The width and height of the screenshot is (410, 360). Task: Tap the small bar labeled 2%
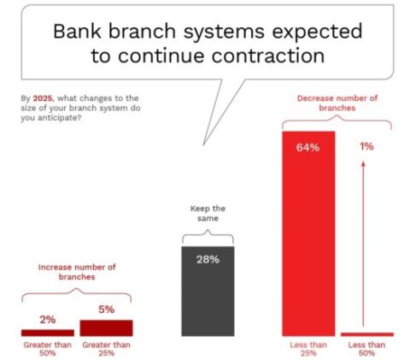pyautogui.click(x=48, y=333)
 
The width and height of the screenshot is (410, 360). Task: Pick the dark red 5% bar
pyautogui.click(x=106, y=328)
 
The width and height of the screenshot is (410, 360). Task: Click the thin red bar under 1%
pyautogui.click(x=366, y=333)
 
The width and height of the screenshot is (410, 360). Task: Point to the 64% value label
pyautogui.click(x=308, y=147)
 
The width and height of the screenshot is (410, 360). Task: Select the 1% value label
pyautogui.click(x=366, y=147)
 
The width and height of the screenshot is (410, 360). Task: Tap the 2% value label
pyautogui.click(x=48, y=319)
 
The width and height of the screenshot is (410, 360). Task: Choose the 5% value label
pyautogui.click(x=106, y=310)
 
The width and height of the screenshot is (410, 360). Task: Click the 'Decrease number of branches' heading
pyautogui.click(x=338, y=104)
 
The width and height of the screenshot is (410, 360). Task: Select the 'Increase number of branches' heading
pyautogui.click(x=77, y=272)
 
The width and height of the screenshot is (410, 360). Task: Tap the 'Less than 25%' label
pyautogui.click(x=308, y=349)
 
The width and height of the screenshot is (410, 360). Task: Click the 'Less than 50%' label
pyautogui.click(x=366, y=349)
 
